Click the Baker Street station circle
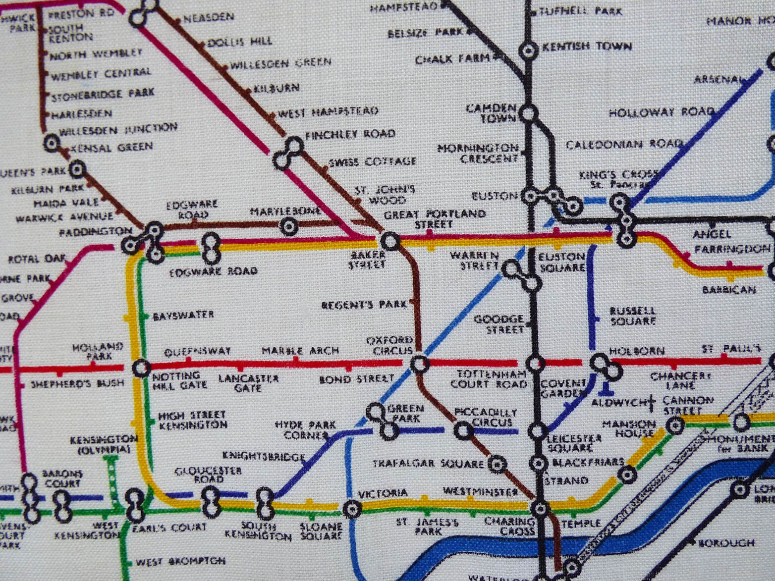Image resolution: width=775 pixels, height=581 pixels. click(x=389, y=242)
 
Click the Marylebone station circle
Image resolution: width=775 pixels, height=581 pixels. click(x=288, y=227)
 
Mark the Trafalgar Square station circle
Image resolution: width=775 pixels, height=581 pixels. click(x=496, y=464)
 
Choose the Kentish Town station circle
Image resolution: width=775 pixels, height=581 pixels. click(x=528, y=51)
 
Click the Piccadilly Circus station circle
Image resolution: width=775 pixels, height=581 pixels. click(x=463, y=430)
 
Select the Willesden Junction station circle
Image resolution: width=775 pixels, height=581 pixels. click(x=51, y=144)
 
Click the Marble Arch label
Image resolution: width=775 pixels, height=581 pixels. click(x=300, y=351)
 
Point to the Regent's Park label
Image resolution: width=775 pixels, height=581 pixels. click(x=364, y=305)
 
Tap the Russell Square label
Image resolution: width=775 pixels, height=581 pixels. click(x=633, y=316)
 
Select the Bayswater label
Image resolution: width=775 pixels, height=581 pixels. click(x=183, y=315)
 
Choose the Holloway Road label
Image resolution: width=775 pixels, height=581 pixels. click(x=661, y=112)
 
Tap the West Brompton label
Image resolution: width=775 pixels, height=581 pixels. click(x=180, y=562)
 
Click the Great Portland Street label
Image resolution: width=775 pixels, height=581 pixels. click(x=435, y=219)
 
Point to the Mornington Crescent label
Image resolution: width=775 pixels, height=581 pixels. click(x=478, y=154)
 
